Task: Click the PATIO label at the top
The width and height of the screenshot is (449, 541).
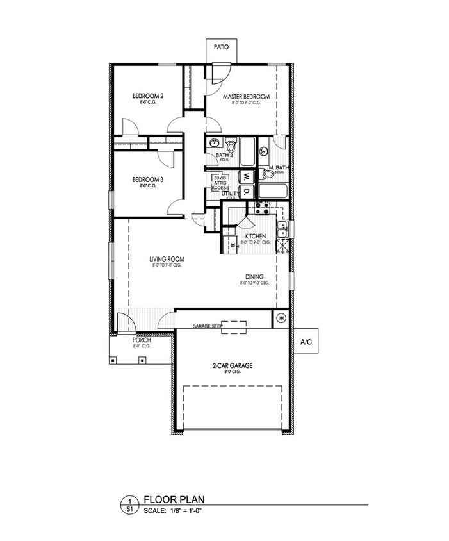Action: tap(222, 46)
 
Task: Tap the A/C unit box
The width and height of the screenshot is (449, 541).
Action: tap(306, 342)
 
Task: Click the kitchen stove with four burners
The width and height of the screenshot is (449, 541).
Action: tap(262, 208)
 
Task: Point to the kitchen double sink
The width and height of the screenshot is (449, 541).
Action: tap(279, 228)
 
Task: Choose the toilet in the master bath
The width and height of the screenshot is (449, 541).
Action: tap(268, 174)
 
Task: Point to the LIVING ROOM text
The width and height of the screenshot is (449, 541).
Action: tap(167, 259)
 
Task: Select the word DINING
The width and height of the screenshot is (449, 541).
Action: tap(254, 277)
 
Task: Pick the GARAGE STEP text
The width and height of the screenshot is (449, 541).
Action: tap(208, 326)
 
